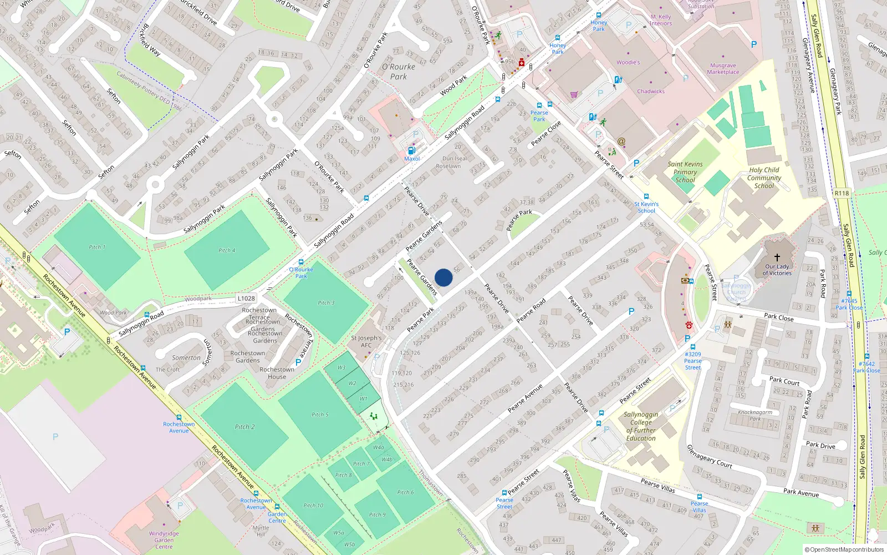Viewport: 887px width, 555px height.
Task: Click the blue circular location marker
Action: pos(443,277)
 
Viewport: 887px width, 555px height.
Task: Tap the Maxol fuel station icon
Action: pos(411,150)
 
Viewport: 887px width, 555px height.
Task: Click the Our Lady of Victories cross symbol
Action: pos(777,258)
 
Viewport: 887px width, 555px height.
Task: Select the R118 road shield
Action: pos(842,193)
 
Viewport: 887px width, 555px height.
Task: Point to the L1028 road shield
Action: pos(246,298)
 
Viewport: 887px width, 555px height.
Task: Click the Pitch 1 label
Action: pos(97,247)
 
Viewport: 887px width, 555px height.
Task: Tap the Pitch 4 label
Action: pos(227,250)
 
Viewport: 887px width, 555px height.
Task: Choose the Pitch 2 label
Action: pos(244,427)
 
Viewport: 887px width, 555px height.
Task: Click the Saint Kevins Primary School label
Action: pos(685,172)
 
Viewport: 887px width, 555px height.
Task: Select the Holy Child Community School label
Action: pos(764,178)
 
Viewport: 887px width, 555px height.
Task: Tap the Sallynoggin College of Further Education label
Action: pos(641,426)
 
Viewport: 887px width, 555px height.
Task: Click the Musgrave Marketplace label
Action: pos(723,69)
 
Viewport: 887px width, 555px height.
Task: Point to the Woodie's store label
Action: pos(628,62)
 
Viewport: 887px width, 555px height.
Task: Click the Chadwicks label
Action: pos(651,91)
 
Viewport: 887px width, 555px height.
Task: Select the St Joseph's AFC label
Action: pos(366,341)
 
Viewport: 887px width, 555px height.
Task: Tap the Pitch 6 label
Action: pos(405,492)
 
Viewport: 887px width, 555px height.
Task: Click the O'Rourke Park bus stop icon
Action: pos(301,262)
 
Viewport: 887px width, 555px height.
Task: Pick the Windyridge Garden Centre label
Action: pos(164,540)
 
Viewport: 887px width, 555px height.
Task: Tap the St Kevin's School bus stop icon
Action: pos(646,196)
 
